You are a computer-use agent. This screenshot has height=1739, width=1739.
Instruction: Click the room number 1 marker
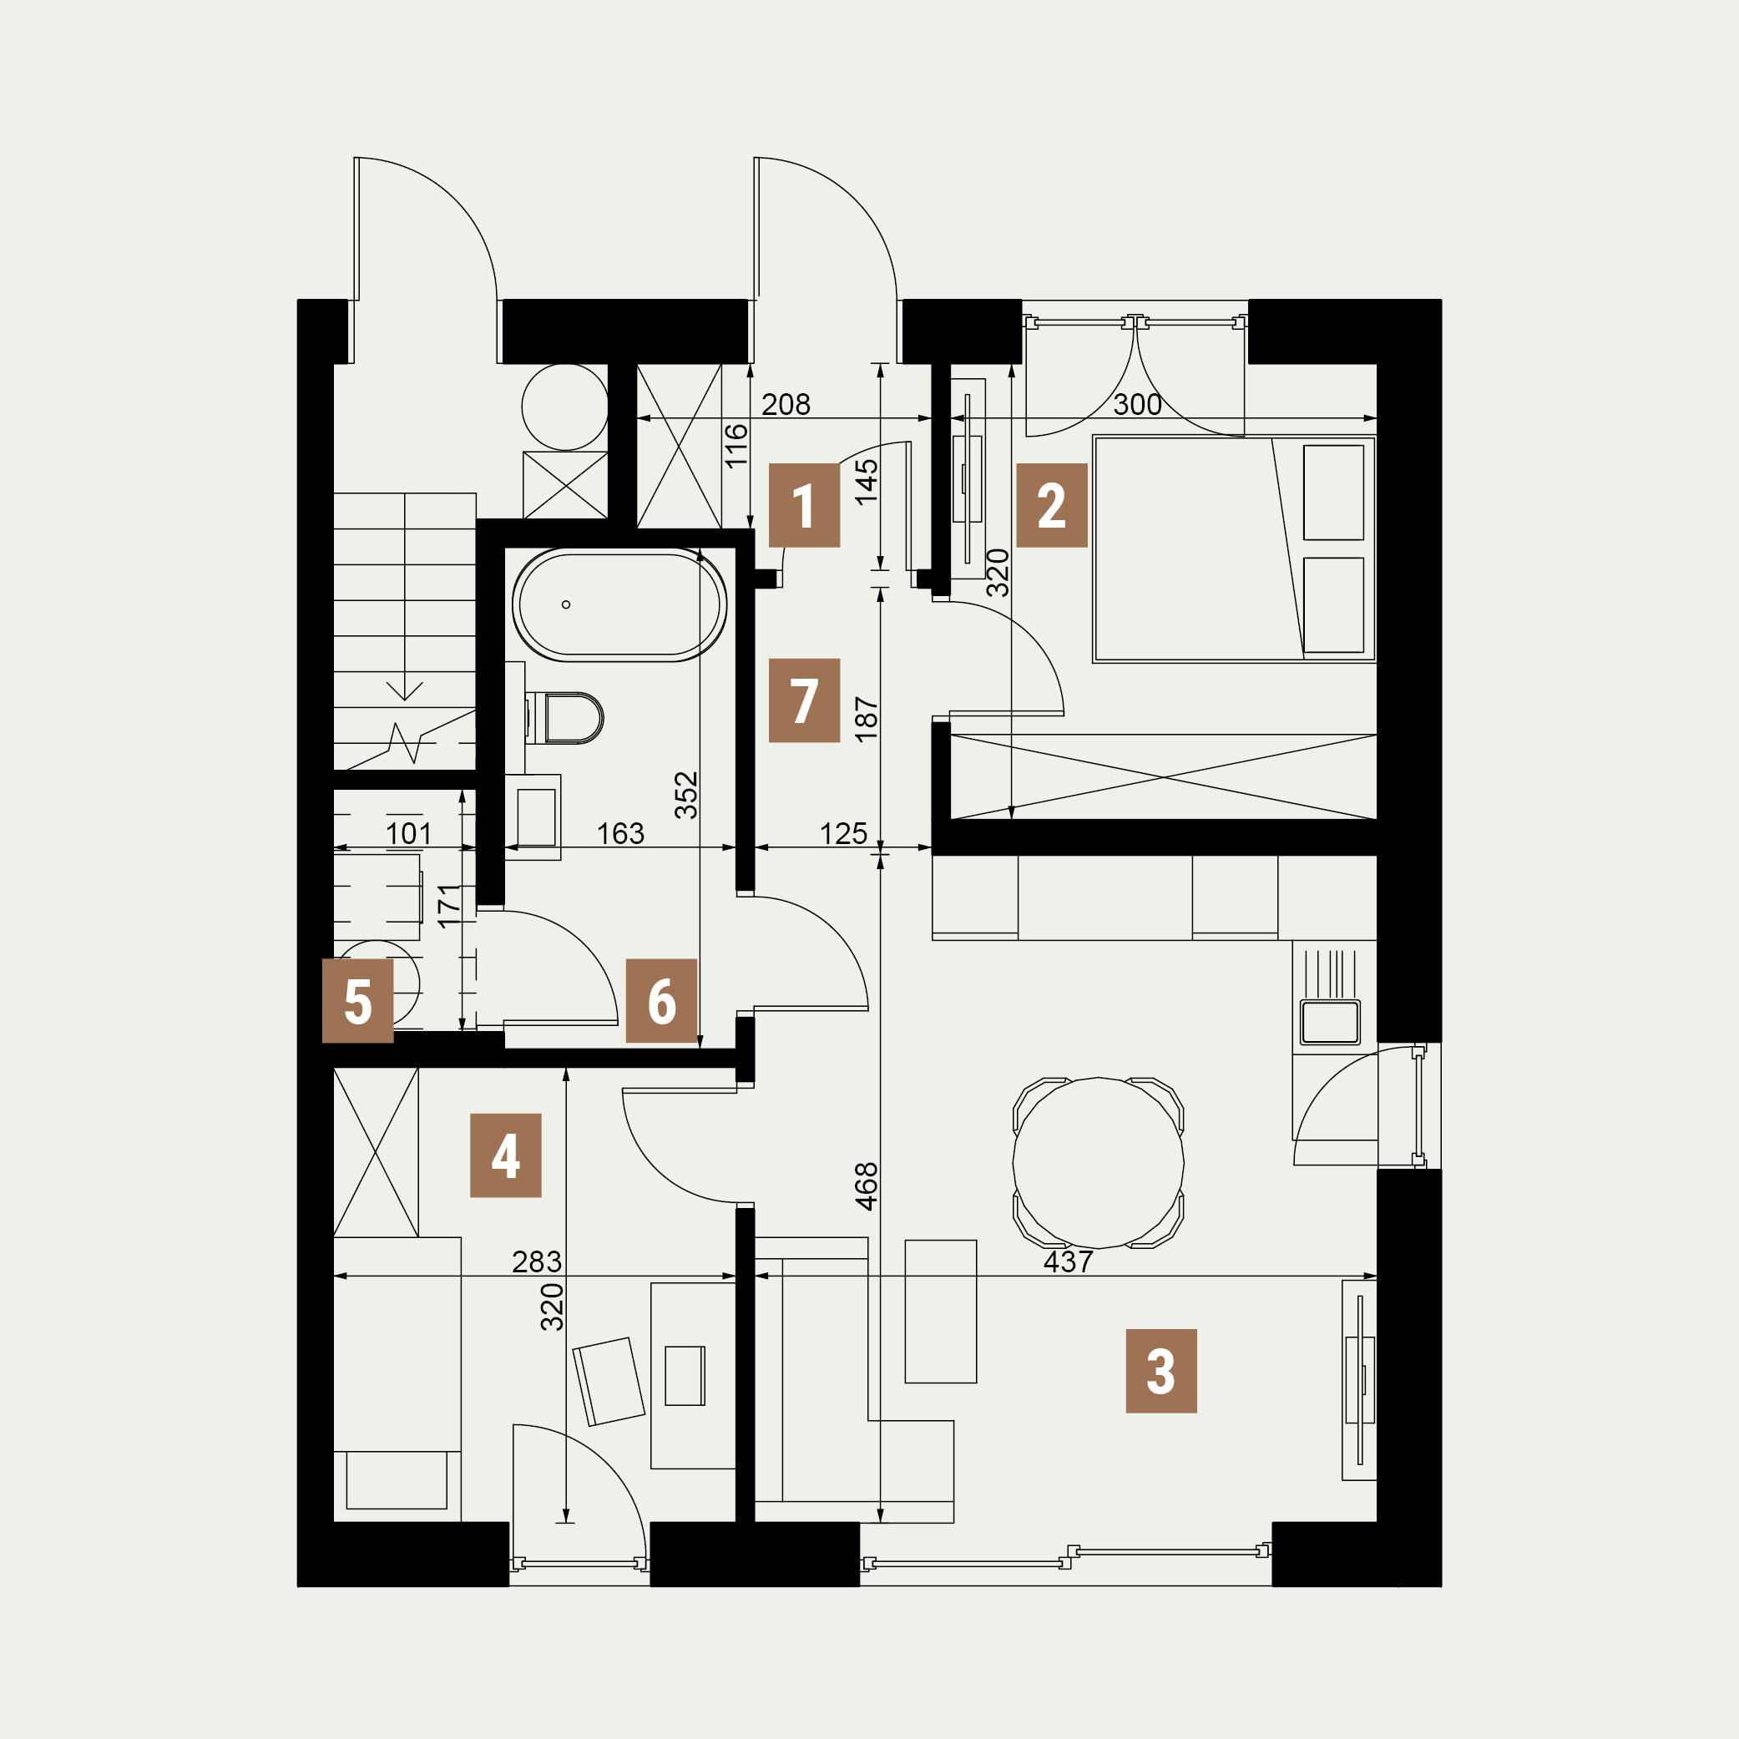click(x=804, y=505)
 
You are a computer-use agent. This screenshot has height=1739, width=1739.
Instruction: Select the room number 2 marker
click(x=1051, y=505)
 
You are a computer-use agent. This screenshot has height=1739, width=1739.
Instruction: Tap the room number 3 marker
click(x=1161, y=1371)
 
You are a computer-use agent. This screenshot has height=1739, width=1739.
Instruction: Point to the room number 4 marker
click(x=506, y=1155)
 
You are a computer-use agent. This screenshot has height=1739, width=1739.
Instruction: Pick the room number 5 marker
click(x=358, y=1001)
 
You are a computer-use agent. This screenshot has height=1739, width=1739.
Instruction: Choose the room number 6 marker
click(x=661, y=1001)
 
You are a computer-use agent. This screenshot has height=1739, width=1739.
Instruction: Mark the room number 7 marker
click(x=804, y=700)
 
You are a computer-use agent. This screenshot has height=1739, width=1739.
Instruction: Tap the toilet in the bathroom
click(x=564, y=718)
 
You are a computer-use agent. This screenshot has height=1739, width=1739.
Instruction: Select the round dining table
click(x=1098, y=1163)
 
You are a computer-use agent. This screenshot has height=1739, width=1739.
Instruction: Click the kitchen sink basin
click(x=1331, y=1023)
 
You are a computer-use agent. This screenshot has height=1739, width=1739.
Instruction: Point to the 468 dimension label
click(x=866, y=1186)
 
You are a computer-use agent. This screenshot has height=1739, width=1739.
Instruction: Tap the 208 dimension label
click(x=786, y=405)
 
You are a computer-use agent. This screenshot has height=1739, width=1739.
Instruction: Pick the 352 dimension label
click(x=686, y=795)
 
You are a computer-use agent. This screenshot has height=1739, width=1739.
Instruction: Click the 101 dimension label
click(x=408, y=833)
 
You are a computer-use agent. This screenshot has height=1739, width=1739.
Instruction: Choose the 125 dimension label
click(x=843, y=833)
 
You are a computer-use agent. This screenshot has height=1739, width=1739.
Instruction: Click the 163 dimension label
click(x=620, y=833)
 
